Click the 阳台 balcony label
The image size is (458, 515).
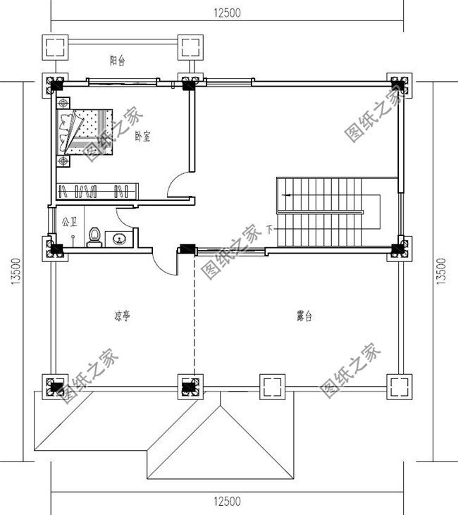[118, 61]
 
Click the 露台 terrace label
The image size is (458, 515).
[304, 317]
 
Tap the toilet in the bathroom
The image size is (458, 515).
[93, 237]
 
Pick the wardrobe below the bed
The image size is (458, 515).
[97, 190]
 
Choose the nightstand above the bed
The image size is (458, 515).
[64, 103]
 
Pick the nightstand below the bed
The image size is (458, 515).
[64, 161]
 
